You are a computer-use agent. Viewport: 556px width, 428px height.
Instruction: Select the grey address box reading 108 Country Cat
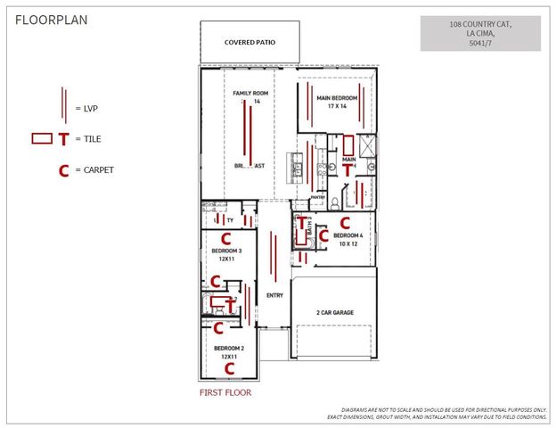480,33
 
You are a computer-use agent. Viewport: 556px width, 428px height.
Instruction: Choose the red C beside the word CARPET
63,170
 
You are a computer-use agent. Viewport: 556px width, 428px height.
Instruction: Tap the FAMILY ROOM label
249,94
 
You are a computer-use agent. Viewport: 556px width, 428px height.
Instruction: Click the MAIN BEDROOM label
337,97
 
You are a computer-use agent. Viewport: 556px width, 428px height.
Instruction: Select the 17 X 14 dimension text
337,106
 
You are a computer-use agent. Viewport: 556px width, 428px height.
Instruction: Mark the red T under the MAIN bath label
347,169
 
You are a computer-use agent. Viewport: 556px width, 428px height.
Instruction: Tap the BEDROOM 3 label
226,251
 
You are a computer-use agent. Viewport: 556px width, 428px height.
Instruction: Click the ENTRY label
274,295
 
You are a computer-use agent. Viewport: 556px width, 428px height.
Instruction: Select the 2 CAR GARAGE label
334,313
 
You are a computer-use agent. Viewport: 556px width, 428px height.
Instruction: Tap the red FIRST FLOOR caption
225,391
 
